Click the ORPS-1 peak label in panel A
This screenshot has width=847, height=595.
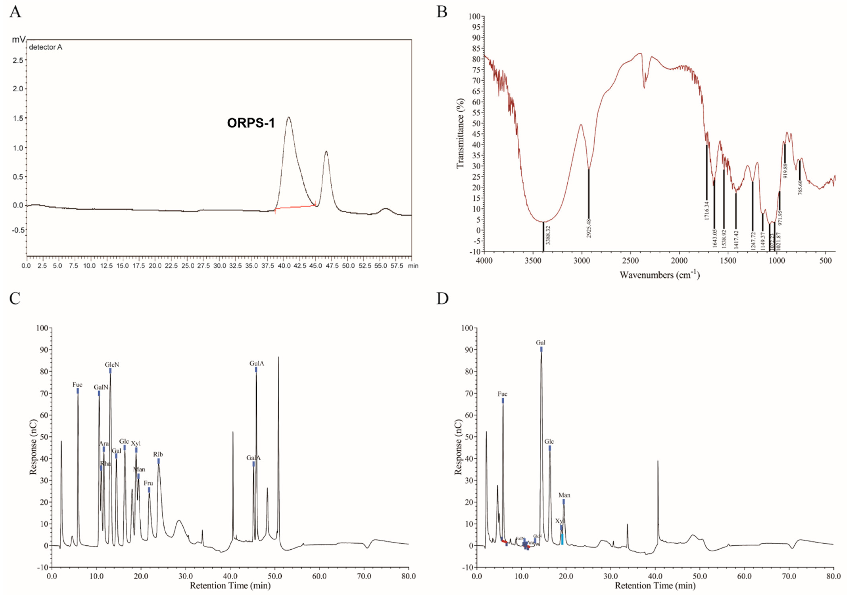[x=251, y=123]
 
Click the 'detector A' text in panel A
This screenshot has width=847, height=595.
[x=45, y=47]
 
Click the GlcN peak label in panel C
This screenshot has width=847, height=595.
[x=112, y=365]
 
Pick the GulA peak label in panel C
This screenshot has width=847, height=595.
[x=256, y=363]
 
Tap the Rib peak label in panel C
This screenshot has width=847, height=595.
[x=158, y=454]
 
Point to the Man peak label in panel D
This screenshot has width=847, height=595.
[x=564, y=495]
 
